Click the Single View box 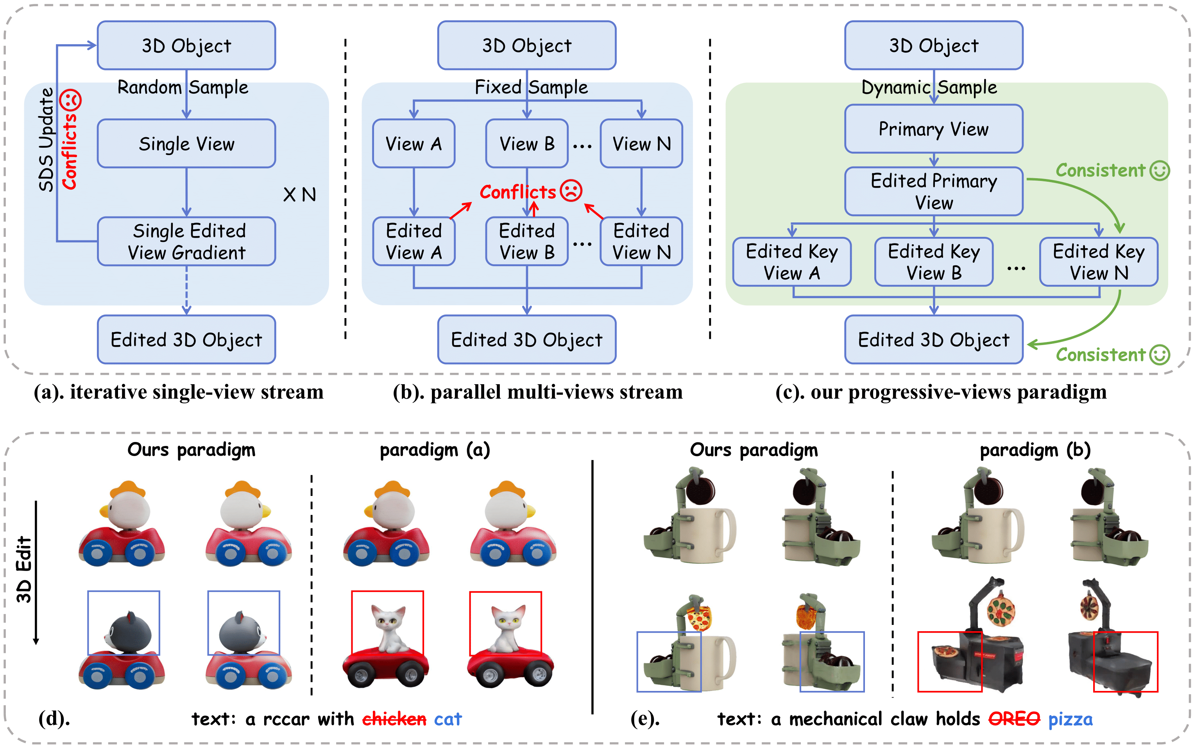pos(186,143)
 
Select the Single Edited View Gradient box pos(186,242)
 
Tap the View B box pos(526,143)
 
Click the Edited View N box pos(641,242)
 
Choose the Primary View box pos(933,129)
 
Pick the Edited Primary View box pos(933,191)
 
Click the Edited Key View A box pos(791,262)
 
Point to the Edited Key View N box pos(1099,262)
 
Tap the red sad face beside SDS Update pos(70,100)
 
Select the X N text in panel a pos(299,194)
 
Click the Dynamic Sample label pos(929,87)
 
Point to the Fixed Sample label pos(531,87)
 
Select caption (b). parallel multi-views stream pos(538,392)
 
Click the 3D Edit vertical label pos(24,569)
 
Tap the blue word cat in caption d pos(448,718)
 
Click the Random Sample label pos(183,87)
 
